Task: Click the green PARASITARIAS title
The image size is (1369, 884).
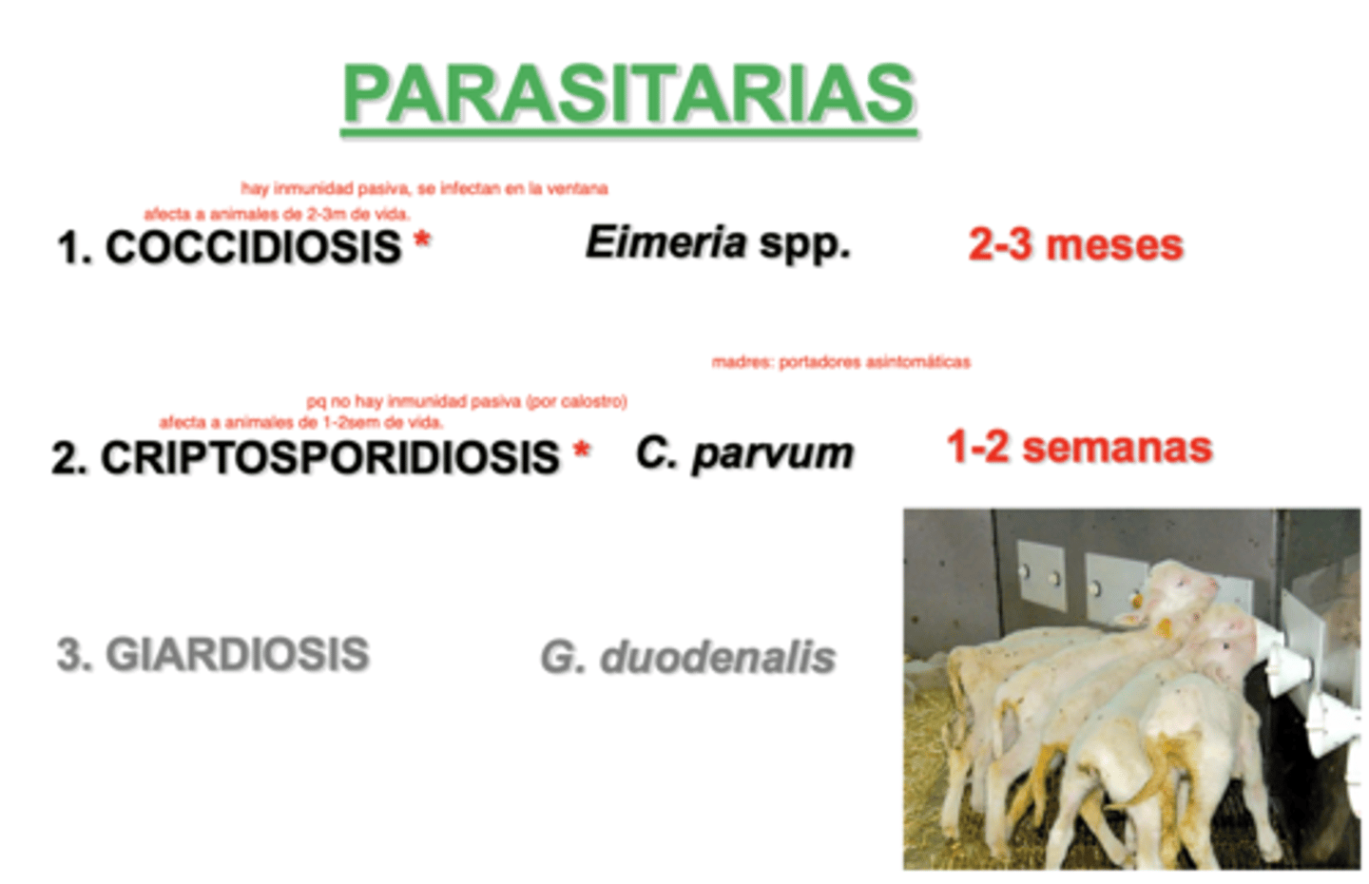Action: (629, 95)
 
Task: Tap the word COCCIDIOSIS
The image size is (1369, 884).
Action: (253, 247)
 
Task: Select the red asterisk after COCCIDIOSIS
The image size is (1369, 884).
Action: (422, 240)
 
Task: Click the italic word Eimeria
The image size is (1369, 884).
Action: (665, 242)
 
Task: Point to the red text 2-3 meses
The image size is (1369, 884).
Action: (1075, 245)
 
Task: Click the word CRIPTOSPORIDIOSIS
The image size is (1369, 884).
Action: (330, 457)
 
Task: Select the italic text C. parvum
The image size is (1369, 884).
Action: (744, 453)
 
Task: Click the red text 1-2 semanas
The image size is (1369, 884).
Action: (1079, 447)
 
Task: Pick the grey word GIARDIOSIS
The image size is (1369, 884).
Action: (237, 655)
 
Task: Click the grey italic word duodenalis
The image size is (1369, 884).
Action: (718, 657)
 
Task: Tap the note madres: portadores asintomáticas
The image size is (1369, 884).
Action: (840, 362)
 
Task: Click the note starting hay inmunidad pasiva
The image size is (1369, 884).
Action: (424, 188)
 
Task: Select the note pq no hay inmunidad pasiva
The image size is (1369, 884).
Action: (466, 401)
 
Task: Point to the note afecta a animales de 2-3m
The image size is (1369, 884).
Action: (277, 214)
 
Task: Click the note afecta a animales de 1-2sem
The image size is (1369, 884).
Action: (300, 422)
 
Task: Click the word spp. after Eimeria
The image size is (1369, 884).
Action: (804, 244)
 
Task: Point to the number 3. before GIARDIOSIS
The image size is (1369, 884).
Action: (73, 655)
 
